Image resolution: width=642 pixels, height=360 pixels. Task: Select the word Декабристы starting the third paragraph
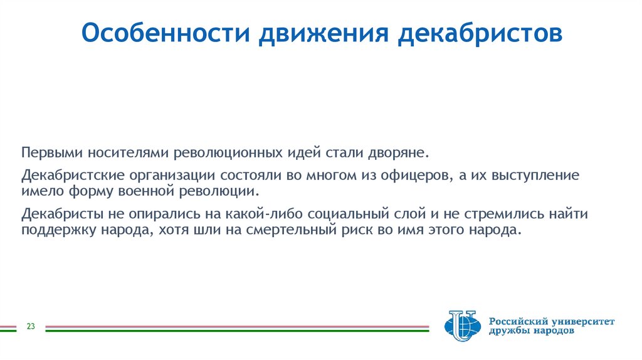57,214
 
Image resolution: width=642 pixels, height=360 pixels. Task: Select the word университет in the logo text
579,321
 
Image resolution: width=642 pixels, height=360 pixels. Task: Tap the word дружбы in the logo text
510,332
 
